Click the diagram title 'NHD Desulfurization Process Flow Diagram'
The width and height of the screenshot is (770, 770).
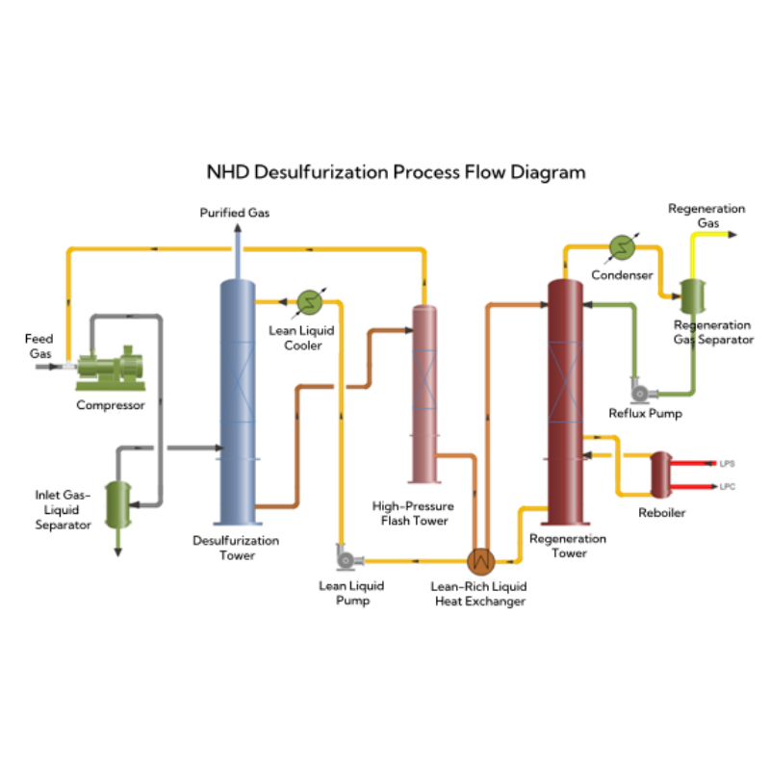396,173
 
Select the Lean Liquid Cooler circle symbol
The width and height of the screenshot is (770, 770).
309,302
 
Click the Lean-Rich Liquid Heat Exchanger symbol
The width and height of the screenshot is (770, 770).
479,560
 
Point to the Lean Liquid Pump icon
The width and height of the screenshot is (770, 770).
345,557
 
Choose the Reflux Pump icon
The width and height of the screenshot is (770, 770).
639,391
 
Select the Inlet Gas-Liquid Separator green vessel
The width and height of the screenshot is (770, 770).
118,502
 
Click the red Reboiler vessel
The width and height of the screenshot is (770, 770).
662,475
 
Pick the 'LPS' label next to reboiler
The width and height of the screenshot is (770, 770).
728,463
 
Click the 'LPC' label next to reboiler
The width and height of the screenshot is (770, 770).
728,486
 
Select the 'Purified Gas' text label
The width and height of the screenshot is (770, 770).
234,213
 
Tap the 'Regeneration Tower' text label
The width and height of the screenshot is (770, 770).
568,546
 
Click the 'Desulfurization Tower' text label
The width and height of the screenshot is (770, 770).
236,548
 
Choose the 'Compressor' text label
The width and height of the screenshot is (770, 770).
111,405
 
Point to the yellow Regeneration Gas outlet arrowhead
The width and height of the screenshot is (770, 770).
734,234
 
